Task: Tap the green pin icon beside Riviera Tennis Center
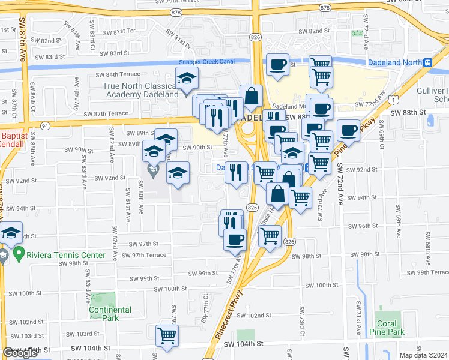tap(18, 254)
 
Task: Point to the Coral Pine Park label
tap(387, 327)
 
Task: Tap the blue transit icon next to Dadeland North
tap(427, 62)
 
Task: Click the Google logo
tap(20, 353)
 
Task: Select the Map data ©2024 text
tap(423, 355)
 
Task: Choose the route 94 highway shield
tap(45, 125)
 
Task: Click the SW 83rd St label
tap(116, 53)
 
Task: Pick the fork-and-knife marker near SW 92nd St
tap(237, 172)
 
